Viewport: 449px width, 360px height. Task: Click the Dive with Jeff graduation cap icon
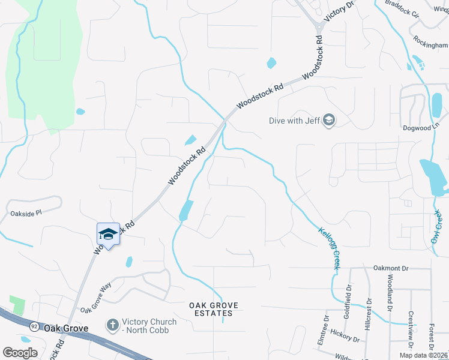click(329, 121)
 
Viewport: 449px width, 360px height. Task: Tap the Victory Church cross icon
click(112, 326)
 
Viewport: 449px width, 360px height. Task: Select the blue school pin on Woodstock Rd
click(108, 234)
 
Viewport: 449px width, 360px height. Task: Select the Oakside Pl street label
click(26, 213)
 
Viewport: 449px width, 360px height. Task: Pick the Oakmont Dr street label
click(391, 268)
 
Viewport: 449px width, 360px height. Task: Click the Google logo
click(20, 352)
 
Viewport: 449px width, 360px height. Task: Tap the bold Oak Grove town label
click(66, 328)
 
